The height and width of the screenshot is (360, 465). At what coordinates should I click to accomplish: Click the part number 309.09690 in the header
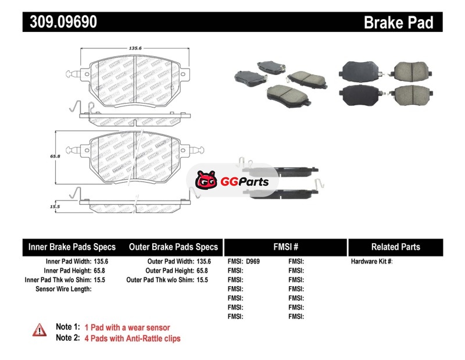(60, 23)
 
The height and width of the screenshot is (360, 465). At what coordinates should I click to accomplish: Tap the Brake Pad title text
(399, 23)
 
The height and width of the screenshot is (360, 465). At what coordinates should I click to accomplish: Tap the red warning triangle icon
(39, 330)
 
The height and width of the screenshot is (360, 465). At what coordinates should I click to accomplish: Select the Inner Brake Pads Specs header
(72, 247)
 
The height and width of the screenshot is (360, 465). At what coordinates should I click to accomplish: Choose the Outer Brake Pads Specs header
(173, 247)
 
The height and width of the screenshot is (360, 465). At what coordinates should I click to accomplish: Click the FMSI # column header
(285, 247)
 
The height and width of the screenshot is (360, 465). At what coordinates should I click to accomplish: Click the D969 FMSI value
(253, 262)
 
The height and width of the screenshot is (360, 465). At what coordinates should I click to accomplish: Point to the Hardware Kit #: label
(371, 262)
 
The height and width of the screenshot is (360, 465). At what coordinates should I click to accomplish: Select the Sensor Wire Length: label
(63, 289)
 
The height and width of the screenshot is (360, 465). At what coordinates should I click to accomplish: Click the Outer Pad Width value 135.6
(204, 262)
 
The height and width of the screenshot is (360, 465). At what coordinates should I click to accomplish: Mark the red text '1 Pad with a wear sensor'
(127, 327)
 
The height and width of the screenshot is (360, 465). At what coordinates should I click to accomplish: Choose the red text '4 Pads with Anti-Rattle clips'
(133, 338)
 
